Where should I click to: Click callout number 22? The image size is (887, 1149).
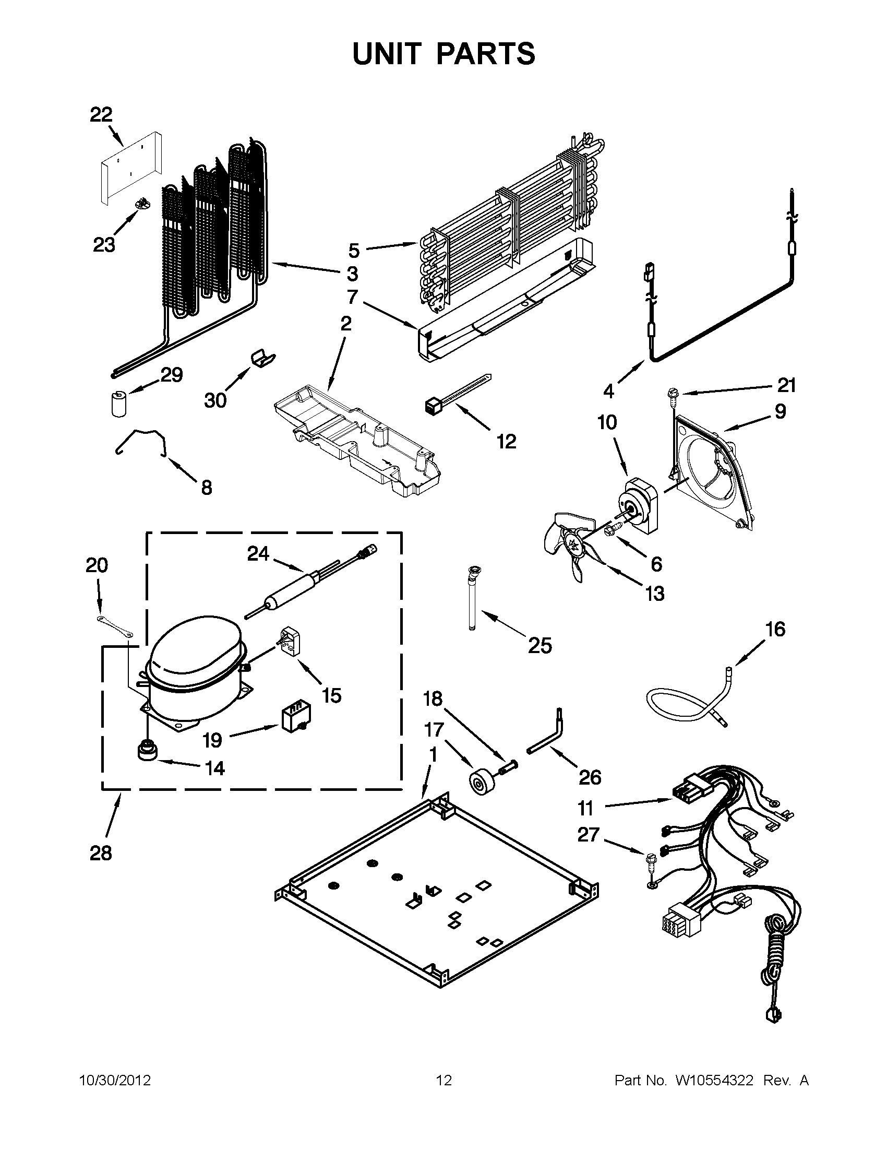click(x=101, y=114)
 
